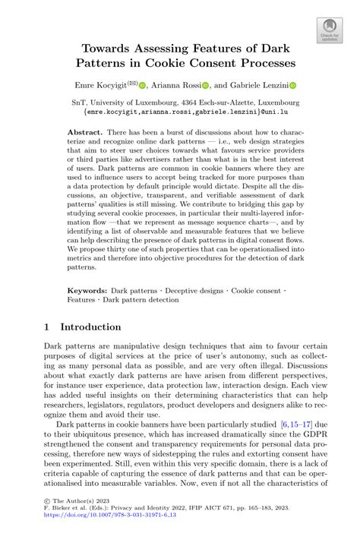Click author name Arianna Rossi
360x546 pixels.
[178, 86]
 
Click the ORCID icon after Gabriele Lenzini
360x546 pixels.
[292, 87]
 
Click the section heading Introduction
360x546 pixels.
[90, 327]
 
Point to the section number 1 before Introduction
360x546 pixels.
[48, 327]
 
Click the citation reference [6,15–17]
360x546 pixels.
[297, 424]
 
